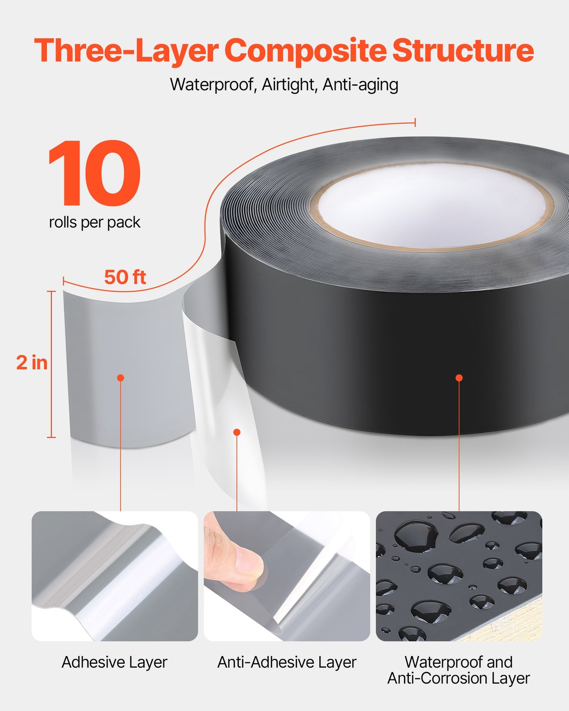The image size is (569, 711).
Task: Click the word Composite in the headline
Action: click(306, 51)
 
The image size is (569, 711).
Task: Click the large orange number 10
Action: click(95, 173)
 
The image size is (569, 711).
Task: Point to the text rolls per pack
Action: click(95, 223)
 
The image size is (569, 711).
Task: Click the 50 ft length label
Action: click(125, 277)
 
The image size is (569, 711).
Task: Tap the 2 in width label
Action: click(32, 363)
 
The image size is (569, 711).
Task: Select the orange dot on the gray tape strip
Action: click(121, 378)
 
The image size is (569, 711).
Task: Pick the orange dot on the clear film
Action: click(237, 432)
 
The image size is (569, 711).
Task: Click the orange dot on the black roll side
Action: click(459, 378)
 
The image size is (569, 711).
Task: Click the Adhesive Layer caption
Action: click(115, 663)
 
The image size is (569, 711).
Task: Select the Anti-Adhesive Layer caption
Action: click(287, 663)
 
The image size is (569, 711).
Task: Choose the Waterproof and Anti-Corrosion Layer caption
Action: click(459, 670)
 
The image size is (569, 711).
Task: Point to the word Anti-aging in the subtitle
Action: click(360, 85)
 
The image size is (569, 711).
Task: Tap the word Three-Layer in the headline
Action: click(126, 51)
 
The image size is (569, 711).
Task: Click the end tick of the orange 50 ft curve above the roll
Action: click(415, 122)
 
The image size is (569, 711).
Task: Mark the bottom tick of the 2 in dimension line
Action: click(51, 437)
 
